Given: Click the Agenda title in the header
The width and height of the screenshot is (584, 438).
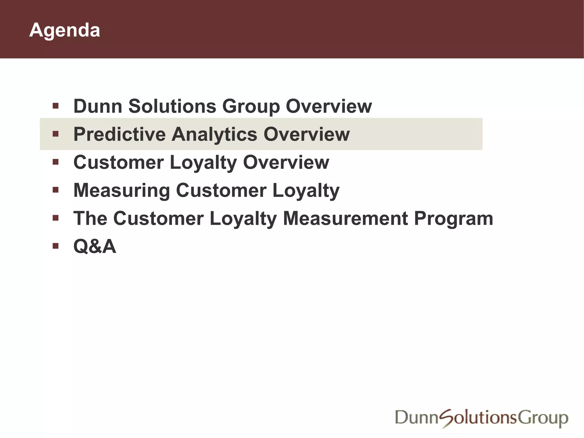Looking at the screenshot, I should [x=65, y=30].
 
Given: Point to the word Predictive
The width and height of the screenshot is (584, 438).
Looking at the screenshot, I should [x=119, y=134].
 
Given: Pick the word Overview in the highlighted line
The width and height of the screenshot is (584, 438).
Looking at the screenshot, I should [x=307, y=134].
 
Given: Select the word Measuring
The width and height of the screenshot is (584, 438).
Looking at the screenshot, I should [x=122, y=191].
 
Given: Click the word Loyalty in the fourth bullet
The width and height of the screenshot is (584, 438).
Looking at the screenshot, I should [x=306, y=191].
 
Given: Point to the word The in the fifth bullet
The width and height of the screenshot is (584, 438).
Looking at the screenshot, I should [x=90, y=218].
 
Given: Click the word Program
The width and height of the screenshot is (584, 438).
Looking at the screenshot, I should [x=453, y=219].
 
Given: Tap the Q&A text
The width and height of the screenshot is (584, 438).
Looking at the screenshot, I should [x=95, y=246].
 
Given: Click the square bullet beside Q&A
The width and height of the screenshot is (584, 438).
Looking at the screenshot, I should [x=56, y=246].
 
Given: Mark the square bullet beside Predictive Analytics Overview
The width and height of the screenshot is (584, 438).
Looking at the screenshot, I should [x=56, y=133].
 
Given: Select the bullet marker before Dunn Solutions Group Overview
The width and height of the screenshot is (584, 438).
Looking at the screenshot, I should [x=56, y=106].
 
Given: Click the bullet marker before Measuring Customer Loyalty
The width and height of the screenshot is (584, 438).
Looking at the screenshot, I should [x=56, y=190].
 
